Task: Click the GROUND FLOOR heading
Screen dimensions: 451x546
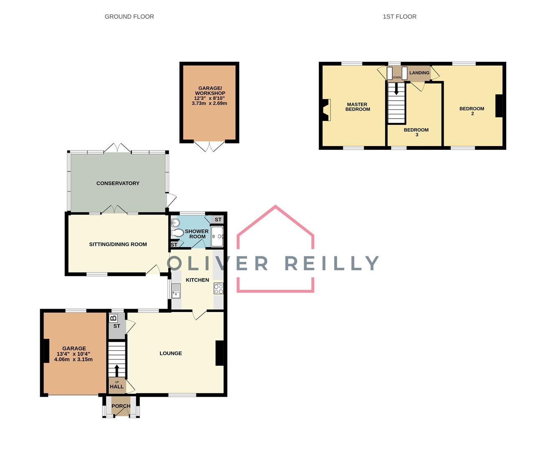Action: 129,17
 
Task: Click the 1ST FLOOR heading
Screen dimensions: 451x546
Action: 399,17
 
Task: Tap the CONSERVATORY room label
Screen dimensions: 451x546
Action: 118,183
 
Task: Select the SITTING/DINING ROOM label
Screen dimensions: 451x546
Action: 118,244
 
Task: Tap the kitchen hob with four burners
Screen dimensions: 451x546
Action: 218,289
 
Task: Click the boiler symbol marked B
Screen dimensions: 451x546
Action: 113,318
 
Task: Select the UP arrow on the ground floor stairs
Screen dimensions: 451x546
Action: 117,370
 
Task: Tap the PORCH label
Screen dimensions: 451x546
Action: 121,406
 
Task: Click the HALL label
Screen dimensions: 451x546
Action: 117,387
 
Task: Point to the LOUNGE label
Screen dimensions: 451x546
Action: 170,353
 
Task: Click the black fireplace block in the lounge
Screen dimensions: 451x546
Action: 219,353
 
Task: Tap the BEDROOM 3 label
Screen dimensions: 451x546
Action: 416,132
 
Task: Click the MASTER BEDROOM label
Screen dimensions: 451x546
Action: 357,107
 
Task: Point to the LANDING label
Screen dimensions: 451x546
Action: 419,73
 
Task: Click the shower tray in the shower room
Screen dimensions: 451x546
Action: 217,237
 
